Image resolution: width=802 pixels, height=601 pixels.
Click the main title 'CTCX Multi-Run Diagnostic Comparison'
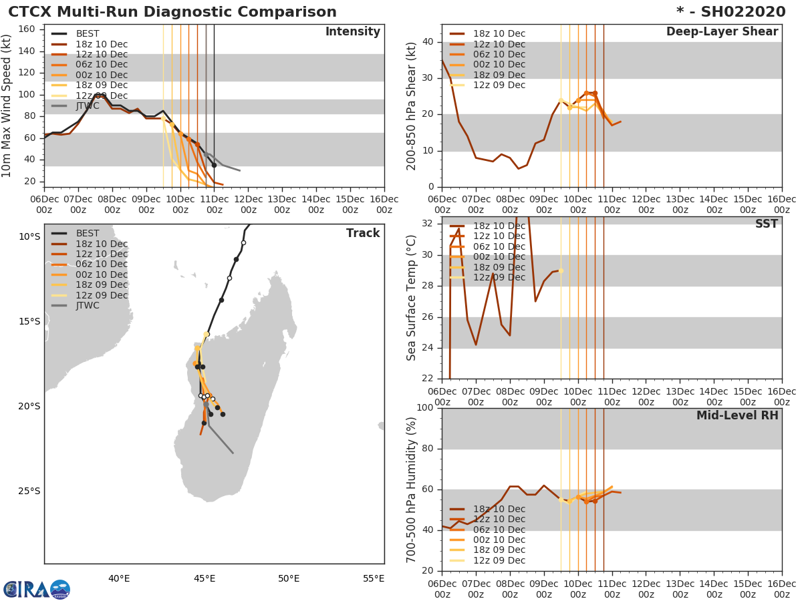pyautogui.click(x=172, y=12)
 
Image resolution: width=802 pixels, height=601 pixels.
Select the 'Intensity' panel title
pyautogui.click(x=353, y=32)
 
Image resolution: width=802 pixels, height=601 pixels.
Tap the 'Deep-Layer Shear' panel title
pyautogui.click(x=722, y=32)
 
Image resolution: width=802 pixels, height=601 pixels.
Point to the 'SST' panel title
pyautogui.click(x=766, y=224)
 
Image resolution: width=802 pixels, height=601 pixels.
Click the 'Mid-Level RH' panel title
pyautogui.click(x=737, y=415)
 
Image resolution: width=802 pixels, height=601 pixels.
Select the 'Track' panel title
pyautogui.click(x=363, y=233)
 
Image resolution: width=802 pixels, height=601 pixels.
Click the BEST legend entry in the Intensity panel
pyautogui.click(x=88, y=34)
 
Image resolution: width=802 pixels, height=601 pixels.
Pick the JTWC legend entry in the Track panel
pyautogui.click(x=88, y=306)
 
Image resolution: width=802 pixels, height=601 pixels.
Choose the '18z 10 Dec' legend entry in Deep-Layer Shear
pyautogui.click(x=499, y=34)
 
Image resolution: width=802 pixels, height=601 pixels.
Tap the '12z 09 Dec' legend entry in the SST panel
pyautogui.click(x=499, y=277)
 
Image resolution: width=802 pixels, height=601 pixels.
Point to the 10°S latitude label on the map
pyautogui.click(x=29, y=236)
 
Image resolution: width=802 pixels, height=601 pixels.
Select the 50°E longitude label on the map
pyautogui.click(x=289, y=578)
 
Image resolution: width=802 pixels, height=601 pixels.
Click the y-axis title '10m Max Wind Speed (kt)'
pyautogui.click(x=7, y=106)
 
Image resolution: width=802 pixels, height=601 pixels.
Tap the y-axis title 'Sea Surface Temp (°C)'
pyautogui.click(x=412, y=298)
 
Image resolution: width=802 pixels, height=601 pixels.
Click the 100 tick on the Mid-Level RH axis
pyautogui.click(x=425, y=408)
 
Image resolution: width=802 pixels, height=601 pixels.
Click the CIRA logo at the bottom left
pyautogui.click(x=36, y=590)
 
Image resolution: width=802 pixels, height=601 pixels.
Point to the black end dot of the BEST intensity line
pyautogui.click(x=214, y=165)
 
